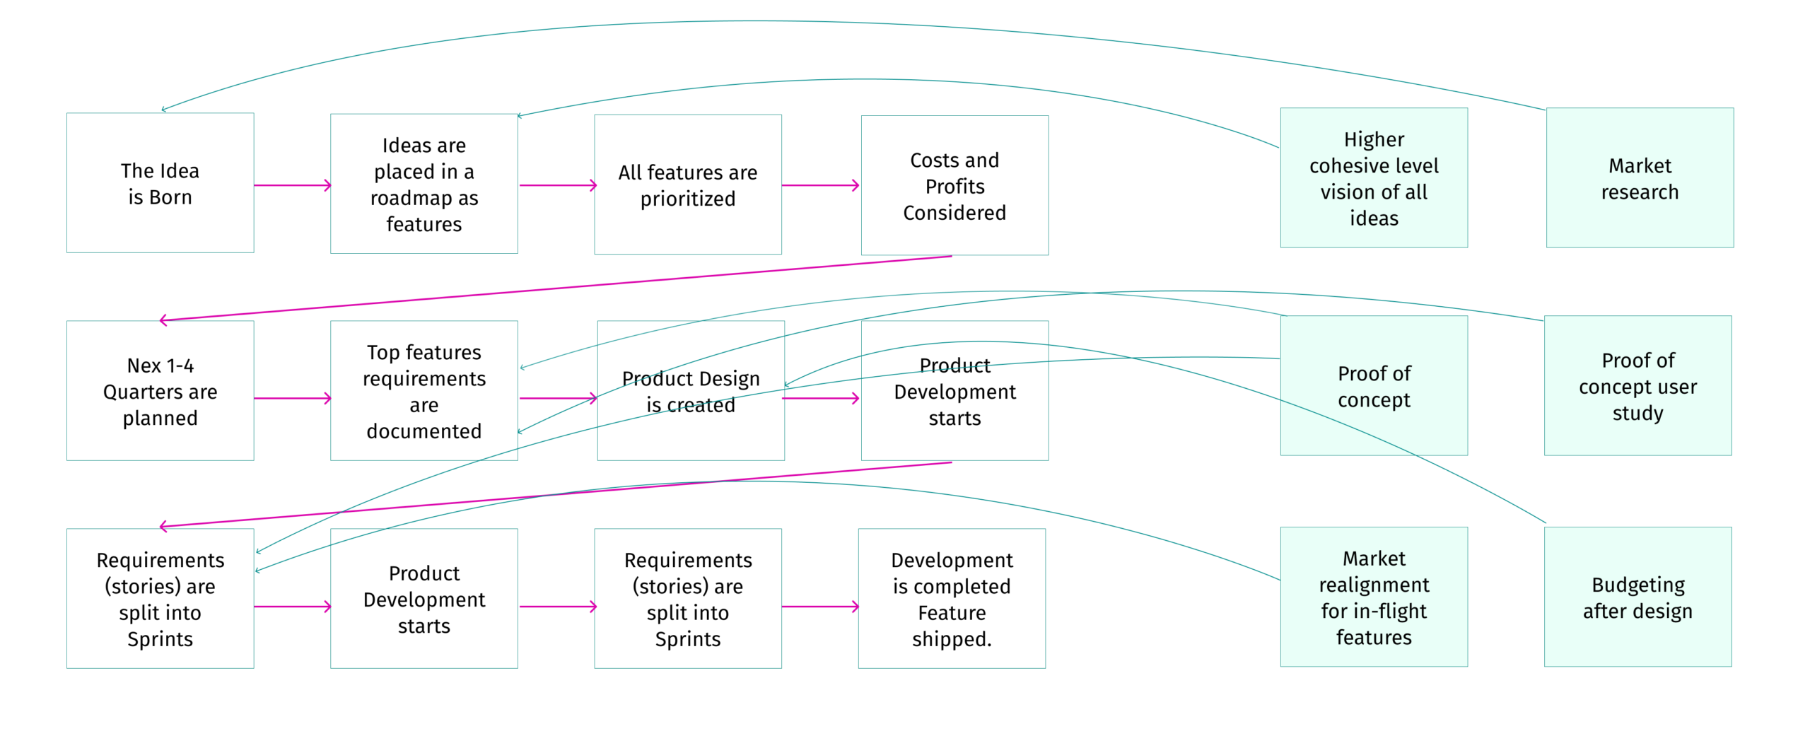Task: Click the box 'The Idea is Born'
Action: click(160, 182)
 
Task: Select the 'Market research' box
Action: click(1640, 177)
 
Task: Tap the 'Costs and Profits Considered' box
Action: click(954, 185)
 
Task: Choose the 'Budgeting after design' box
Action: click(1637, 597)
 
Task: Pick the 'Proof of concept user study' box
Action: click(1637, 385)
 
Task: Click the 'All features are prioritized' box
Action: click(688, 185)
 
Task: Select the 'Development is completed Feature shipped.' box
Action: click(952, 598)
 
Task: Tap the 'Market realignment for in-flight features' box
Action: click(1374, 597)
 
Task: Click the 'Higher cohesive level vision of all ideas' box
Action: click(1374, 177)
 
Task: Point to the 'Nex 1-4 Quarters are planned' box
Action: click(160, 390)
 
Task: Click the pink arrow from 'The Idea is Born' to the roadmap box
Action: click(293, 185)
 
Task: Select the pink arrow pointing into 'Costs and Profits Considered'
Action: click(821, 185)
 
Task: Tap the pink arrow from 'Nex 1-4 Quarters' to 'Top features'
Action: click(293, 398)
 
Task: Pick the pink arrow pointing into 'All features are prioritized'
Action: click(559, 185)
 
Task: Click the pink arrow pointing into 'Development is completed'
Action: click(821, 606)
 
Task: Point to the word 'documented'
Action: click(424, 431)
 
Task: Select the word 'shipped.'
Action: click(952, 639)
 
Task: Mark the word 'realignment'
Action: click(1374, 585)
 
